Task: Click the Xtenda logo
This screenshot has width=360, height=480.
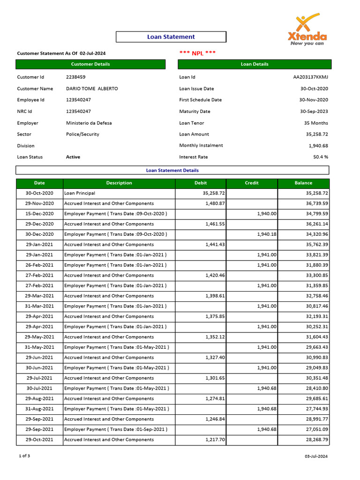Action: click(x=307, y=30)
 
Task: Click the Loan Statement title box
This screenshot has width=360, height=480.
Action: click(x=171, y=37)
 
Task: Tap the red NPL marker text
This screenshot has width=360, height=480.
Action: click(x=197, y=53)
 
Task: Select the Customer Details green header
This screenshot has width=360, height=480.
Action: click(x=90, y=64)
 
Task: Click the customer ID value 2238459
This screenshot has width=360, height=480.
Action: click(x=75, y=77)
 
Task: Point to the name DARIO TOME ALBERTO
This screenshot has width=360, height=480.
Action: click(x=92, y=89)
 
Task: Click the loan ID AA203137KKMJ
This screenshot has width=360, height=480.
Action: click(x=310, y=77)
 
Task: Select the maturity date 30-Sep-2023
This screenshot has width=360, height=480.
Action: click(x=314, y=112)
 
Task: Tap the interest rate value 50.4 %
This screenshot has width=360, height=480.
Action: click(x=321, y=157)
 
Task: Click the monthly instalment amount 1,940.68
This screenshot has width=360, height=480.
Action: click(x=318, y=145)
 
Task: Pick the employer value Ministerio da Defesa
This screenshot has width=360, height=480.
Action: click(x=89, y=123)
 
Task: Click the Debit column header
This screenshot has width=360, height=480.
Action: click(x=201, y=183)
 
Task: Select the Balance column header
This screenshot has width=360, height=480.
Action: click(x=303, y=183)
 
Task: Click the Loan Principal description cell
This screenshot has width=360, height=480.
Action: click(x=80, y=193)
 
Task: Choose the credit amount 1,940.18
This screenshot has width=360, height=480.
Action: click(x=267, y=234)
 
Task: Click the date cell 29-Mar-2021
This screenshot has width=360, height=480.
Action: click(x=39, y=296)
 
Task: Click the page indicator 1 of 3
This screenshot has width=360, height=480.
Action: click(x=24, y=456)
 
